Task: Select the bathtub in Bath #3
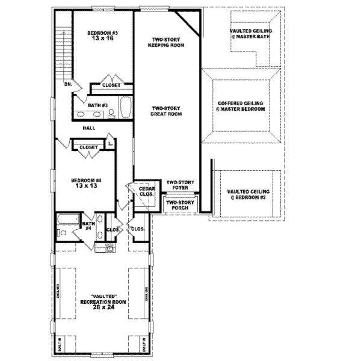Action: click(126, 108)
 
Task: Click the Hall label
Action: click(90, 128)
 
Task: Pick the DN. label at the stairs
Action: click(69, 84)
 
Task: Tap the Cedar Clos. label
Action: click(146, 192)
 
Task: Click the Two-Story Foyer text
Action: click(179, 185)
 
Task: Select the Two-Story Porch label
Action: click(179, 205)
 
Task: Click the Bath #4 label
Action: click(87, 226)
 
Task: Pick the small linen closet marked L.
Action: click(110, 143)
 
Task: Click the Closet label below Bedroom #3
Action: click(111, 85)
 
